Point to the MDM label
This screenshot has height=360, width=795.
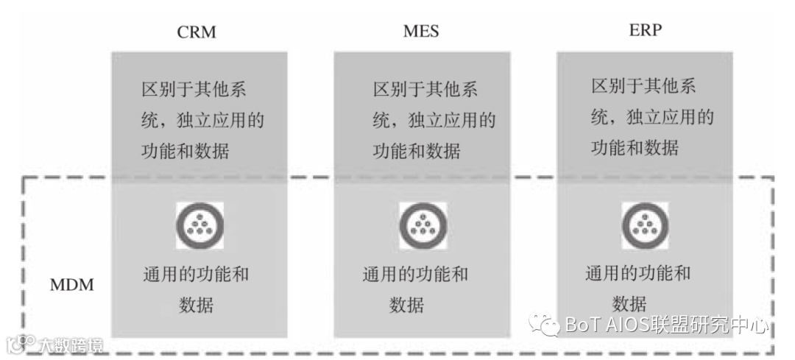point(71,284)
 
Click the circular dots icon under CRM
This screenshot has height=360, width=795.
point(199,225)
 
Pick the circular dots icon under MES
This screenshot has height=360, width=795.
point(422,225)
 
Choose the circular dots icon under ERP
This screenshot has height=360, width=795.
point(645,225)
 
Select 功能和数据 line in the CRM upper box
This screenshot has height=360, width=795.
point(185,152)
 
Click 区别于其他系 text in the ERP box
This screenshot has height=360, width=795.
point(643,86)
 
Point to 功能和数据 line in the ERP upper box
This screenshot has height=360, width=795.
point(635,147)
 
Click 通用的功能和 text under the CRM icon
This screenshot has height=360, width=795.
point(196,275)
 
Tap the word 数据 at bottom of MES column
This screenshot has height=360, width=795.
point(406,305)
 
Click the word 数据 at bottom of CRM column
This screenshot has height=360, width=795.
point(196,305)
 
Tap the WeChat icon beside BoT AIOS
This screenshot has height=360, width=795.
point(547,325)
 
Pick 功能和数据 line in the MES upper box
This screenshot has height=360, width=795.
point(417,152)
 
